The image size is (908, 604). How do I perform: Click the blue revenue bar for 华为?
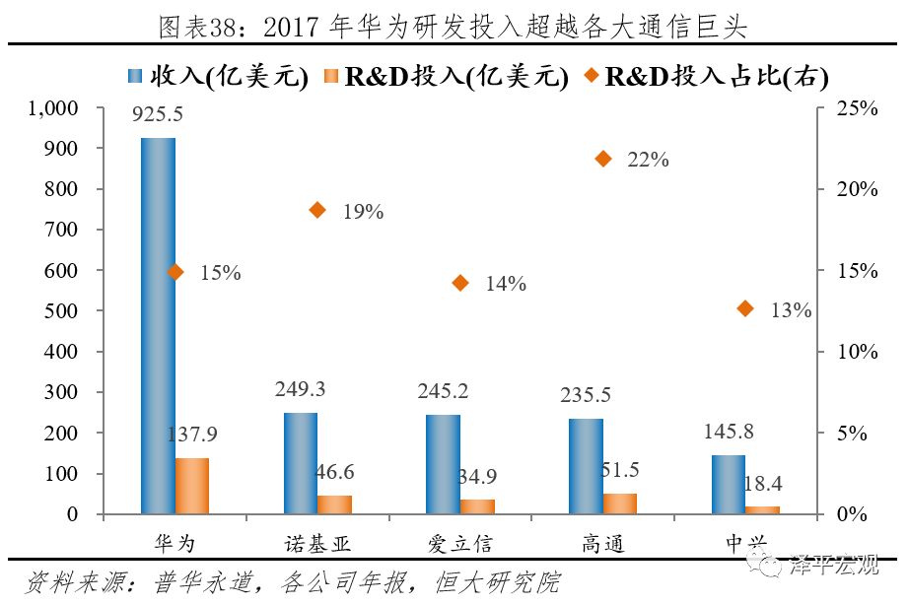[158, 325]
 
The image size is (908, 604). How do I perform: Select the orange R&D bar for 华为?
[192, 486]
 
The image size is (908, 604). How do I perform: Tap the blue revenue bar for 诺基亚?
[301, 463]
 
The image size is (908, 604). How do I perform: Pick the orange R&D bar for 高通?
[620, 503]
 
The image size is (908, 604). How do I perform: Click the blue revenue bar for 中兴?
[729, 484]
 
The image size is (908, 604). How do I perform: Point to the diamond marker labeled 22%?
[603, 159]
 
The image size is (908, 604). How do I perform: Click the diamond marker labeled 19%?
[317, 210]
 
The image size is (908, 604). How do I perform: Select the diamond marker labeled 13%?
[745, 308]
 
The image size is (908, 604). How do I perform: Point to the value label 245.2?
[443, 391]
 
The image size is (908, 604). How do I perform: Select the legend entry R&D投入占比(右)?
[704, 75]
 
